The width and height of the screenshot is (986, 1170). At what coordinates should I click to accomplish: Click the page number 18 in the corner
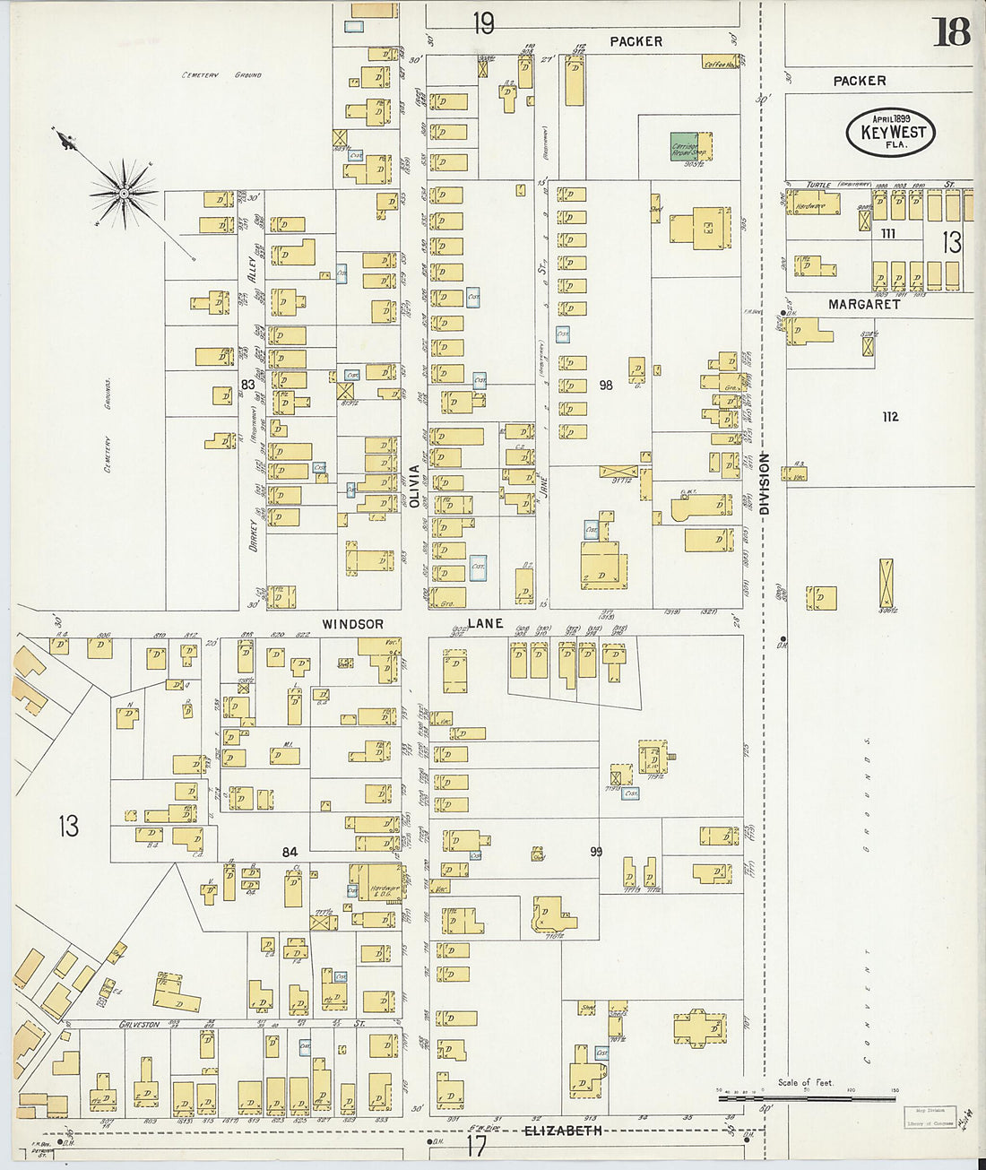pyautogui.click(x=951, y=32)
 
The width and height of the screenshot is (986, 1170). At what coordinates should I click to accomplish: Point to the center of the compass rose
pyautogui.click(x=125, y=192)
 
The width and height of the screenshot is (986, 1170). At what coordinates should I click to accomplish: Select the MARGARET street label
pyautogui.click(x=863, y=305)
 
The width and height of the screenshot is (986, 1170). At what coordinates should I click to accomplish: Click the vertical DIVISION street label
pyautogui.click(x=765, y=483)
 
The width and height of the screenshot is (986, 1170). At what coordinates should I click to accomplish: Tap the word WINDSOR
pyautogui.click(x=353, y=624)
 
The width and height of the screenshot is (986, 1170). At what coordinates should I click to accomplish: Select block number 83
pyautogui.click(x=247, y=385)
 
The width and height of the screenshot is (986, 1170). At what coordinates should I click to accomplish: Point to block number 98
pyautogui.click(x=606, y=385)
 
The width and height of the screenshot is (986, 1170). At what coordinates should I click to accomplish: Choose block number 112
pyautogui.click(x=889, y=417)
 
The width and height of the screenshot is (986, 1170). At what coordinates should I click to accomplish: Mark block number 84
pyautogui.click(x=290, y=852)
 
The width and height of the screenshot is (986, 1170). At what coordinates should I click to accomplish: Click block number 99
pyautogui.click(x=595, y=852)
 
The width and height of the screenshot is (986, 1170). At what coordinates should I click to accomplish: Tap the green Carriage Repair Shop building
pyautogui.click(x=686, y=147)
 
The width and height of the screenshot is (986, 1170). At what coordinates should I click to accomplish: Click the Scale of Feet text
pyautogui.click(x=805, y=1082)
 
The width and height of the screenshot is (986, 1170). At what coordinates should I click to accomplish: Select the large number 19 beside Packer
pyautogui.click(x=483, y=23)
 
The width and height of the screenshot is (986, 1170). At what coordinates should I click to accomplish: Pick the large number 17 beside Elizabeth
pyautogui.click(x=475, y=1145)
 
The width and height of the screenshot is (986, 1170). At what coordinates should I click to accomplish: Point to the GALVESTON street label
pyautogui.click(x=140, y=1024)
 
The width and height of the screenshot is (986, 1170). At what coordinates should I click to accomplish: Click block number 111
pyautogui.click(x=887, y=233)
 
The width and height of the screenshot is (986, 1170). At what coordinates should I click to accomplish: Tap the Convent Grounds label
pyautogui.click(x=868, y=897)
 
